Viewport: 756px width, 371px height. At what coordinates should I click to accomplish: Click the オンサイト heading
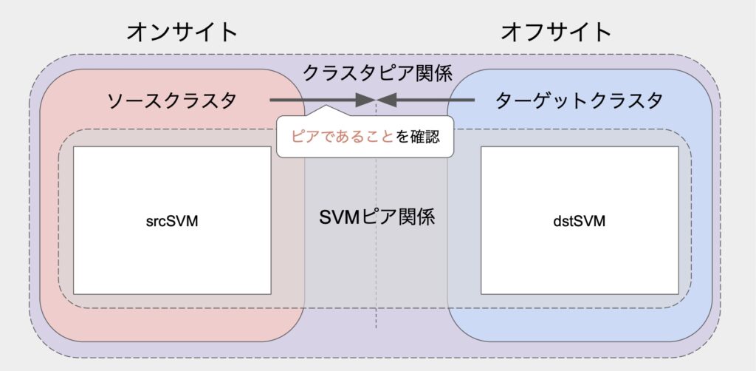point(182,33)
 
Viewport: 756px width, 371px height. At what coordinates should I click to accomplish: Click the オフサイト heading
point(556,33)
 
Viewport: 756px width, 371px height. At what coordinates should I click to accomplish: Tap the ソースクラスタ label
point(172,101)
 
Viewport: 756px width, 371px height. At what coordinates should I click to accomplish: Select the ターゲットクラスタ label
point(579,101)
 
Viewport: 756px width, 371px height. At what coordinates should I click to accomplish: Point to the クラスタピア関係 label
point(377,73)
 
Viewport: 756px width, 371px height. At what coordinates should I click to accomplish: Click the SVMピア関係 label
point(377,217)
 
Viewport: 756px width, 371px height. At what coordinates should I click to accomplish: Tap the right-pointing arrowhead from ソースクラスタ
point(366,101)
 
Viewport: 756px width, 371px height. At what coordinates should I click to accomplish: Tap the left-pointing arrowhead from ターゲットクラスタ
point(387,101)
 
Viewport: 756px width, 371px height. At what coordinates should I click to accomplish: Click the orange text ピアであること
point(343,137)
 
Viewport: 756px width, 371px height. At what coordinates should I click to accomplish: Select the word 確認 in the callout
point(425,137)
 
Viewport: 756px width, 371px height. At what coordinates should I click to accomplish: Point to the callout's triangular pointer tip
point(326,106)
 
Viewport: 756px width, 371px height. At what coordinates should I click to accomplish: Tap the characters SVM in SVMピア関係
point(340,218)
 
